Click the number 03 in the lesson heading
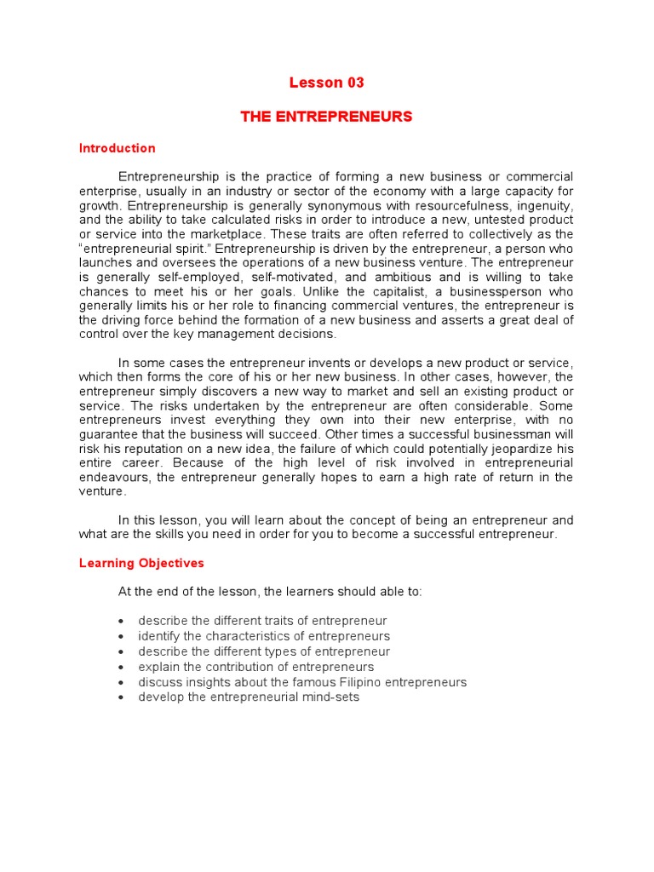pyautogui.click(x=355, y=83)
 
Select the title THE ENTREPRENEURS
pyautogui.click(x=326, y=117)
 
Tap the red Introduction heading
pyautogui.click(x=118, y=148)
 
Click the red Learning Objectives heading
pyautogui.click(x=141, y=563)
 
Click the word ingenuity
pyautogui.click(x=543, y=205)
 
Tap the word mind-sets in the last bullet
pyautogui.click(x=333, y=697)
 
